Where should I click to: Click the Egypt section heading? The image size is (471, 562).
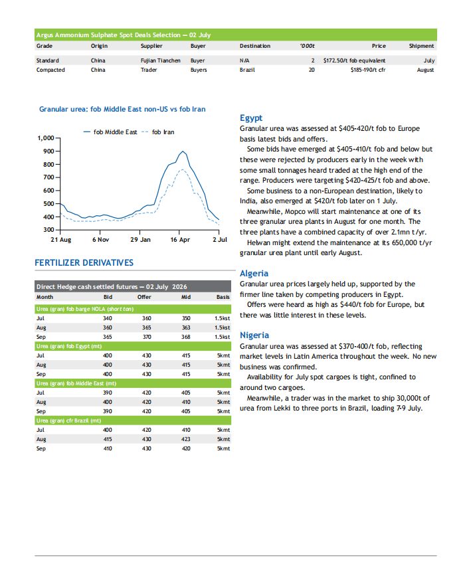(x=251, y=118)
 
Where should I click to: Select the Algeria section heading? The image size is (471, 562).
(x=254, y=274)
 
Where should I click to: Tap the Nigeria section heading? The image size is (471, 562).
(x=254, y=335)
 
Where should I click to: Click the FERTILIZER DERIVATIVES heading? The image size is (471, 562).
(x=84, y=262)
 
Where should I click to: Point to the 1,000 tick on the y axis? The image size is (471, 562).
(x=46, y=138)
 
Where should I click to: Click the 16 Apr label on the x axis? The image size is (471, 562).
(x=180, y=239)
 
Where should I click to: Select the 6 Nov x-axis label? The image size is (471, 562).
(x=101, y=239)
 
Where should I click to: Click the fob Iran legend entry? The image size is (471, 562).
(x=158, y=132)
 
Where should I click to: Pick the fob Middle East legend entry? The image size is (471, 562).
(x=110, y=132)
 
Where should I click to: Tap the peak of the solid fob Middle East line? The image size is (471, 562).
(x=183, y=151)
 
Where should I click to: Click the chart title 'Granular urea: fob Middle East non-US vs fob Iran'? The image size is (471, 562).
(x=122, y=109)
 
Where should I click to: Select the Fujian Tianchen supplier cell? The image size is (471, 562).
(x=160, y=60)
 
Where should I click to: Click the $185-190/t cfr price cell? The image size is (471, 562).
(x=368, y=70)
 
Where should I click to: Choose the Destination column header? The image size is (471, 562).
(x=255, y=46)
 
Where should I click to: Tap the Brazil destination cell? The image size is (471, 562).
(x=247, y=70)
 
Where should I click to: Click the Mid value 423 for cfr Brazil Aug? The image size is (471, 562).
(x=186, y=439)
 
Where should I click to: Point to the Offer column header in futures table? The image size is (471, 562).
(x=144, y=297)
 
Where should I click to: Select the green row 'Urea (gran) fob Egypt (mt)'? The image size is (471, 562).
(x=133, y=346)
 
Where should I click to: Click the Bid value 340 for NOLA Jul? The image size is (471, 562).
(x=108, y=318)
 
